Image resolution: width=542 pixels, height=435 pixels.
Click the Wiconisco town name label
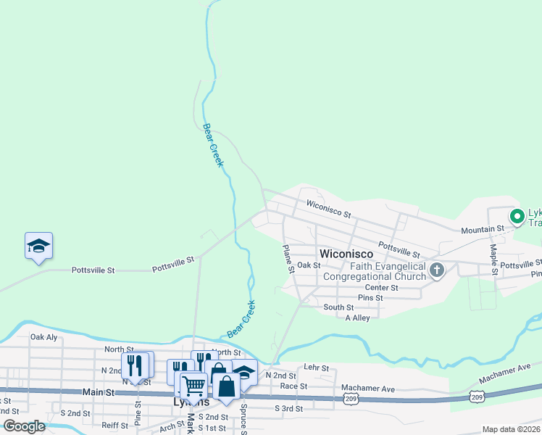click(346, 254)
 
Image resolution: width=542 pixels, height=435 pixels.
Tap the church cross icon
click(436, 270)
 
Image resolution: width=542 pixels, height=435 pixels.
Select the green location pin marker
click(517, 216)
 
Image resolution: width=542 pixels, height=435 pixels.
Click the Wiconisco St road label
click(328, 210)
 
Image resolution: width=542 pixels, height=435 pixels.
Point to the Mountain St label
click(483, 229)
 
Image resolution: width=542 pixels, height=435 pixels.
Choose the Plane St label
click(288, 258)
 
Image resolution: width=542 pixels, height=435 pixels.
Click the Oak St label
click(309, 265)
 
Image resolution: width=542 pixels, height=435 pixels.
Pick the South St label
click(338, 307)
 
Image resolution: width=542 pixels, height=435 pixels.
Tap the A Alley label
click(357, 318)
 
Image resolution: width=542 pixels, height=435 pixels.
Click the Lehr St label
click(316, 368)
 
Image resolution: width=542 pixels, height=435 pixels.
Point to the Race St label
click(293, 386)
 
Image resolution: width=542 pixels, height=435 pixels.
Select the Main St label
click(99, 392)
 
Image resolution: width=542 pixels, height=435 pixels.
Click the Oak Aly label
click(43, 337)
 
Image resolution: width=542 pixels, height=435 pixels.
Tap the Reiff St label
click(114, 425)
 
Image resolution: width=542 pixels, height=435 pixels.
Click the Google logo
click(24, 426)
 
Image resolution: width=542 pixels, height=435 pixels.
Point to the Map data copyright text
click(511, 429)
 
